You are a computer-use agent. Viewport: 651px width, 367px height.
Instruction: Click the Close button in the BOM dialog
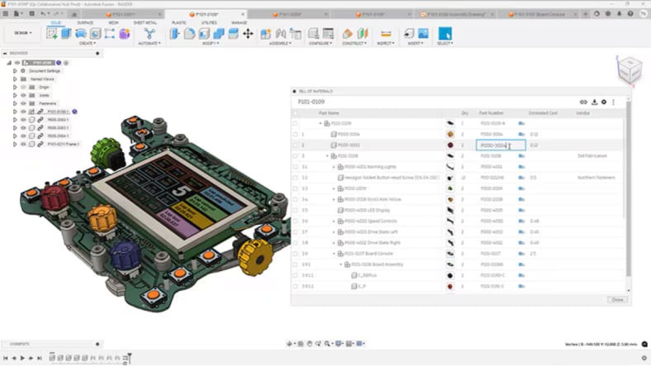616,299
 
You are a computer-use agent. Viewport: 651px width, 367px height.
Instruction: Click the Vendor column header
583,112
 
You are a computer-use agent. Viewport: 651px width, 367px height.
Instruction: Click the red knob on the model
53,198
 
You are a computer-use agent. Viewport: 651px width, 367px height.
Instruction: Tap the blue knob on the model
126,255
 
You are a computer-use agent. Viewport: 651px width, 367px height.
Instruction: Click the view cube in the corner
630,69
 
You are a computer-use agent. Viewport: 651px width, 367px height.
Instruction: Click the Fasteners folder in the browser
38,103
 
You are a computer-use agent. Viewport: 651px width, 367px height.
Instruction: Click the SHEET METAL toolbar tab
145,23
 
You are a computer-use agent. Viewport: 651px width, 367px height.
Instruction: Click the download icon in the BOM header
594,102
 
